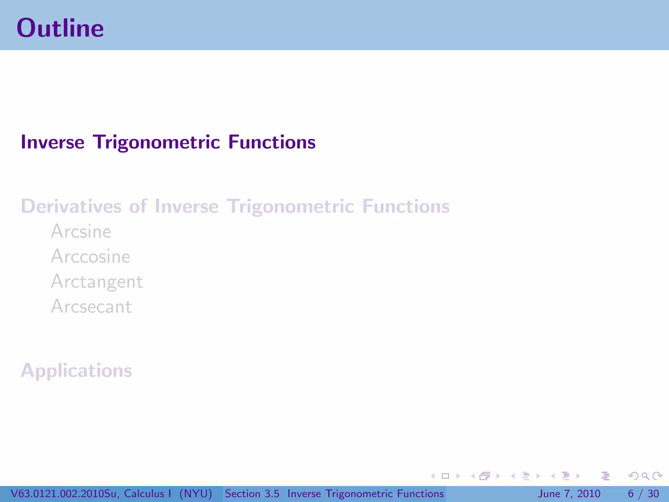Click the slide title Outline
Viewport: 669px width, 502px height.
click(x=60, y=28)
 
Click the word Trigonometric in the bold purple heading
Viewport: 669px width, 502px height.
click(x=156, y=142)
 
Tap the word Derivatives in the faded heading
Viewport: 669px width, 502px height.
click(x=71, y=207)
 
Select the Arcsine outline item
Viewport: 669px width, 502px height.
click(x=81, y=232)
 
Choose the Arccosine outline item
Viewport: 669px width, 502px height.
click(x=90, y=257)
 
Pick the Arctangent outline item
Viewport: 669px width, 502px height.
click(x=97, y=282)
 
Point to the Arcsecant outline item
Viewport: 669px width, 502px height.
click(x=91, y=307)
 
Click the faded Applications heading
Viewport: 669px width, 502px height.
click(x=76, y=371)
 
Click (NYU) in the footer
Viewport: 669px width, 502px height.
click(x=195, y=494)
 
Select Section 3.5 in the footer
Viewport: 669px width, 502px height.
click(x=252, y=494)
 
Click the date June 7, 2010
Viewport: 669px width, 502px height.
click(x=569, y=494)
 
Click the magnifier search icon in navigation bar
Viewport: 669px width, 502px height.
click(x=645, y=476)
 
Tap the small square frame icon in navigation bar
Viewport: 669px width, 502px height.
click(x=445, y=476)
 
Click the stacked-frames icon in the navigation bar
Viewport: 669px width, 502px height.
click(x=485, y=476)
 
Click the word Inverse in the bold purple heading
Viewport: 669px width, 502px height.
click(x=53, y=142)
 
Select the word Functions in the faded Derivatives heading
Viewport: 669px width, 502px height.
click(x=406, y=207)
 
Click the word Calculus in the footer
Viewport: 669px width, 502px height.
click(x=144, y=494)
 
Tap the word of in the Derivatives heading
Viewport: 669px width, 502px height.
click(x=138, y=207)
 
